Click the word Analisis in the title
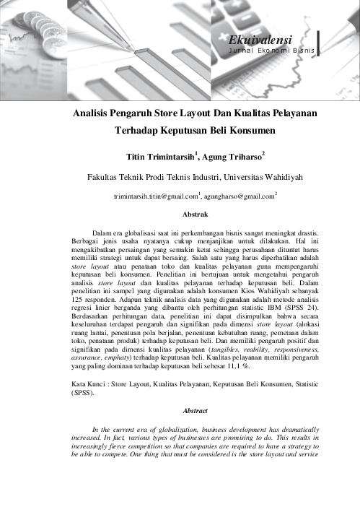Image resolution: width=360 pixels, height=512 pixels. (x=97, y=114)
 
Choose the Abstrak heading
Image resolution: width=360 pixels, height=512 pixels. (x=196, y=215)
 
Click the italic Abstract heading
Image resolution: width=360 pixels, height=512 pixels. (x=196, y=410)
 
